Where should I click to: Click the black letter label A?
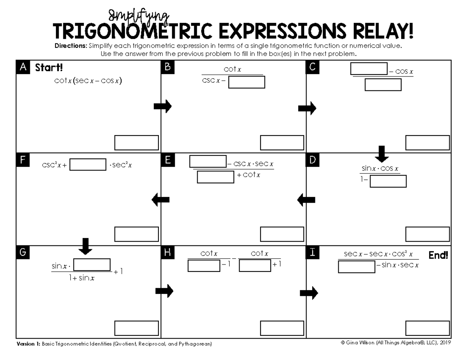click(x=23, y=68)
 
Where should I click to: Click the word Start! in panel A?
click(x=49, y=68)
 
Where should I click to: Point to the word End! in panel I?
click(x=438, y=256)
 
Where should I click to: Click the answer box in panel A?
click(x=136, y=143)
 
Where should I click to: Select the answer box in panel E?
click(x=282, y=234)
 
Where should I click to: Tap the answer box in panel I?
click(x=428, y=328)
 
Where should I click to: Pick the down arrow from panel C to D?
click(x=383, y=154)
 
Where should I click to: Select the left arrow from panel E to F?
click(x=160, y=200)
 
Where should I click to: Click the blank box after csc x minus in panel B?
click(x=247, y=82)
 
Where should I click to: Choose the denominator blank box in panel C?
click(x=383, y=84)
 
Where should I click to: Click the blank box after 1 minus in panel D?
click(x=388, y=181)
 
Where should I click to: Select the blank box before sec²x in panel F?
click(x=88, y=165)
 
